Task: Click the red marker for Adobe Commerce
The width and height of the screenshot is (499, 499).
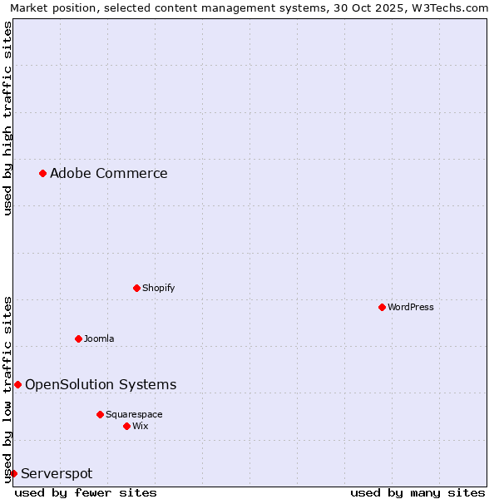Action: pos(42,173)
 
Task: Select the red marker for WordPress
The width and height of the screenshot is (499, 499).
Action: pos(382,307)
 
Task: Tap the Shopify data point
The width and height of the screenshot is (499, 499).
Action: pos(136,288)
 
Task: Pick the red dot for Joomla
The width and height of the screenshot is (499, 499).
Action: pos(78,338)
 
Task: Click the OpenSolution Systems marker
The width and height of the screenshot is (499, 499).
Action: pos(17,384)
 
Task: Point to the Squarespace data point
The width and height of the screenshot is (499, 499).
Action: pos(100,414)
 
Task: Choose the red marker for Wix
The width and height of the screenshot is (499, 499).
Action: pos(126,426)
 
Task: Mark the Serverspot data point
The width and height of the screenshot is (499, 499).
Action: pos(13,473)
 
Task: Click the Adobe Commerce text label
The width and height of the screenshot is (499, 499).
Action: pos(108,173)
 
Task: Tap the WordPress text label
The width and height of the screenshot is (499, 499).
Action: pos(411,307)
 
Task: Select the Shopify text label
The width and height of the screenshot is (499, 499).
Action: pos(158,288)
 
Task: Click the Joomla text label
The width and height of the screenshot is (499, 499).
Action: pos(99,338)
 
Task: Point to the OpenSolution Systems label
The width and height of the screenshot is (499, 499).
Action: pos(101,384)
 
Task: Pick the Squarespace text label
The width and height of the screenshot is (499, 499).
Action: pos(134,414)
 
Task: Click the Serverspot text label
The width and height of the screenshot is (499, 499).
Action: pos(57,473)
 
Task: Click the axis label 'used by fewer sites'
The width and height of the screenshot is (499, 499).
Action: pos(86,492)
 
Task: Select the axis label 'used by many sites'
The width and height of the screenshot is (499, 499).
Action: pos(417,492)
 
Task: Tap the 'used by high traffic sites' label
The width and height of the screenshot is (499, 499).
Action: pos(7,118)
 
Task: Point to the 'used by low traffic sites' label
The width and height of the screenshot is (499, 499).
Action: pos(7,388)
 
